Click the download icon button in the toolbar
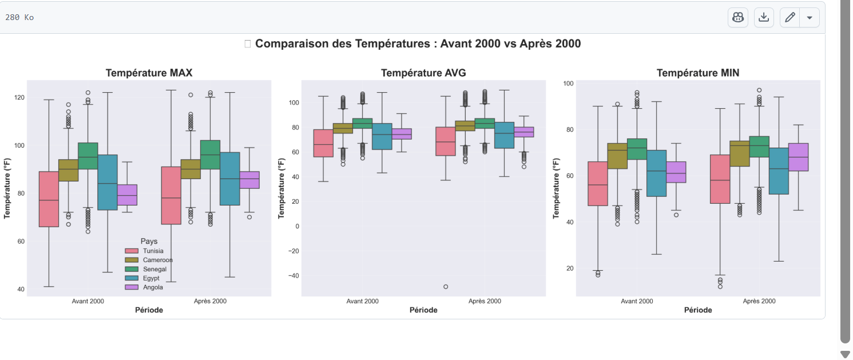coord(763,18)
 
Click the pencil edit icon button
coord(790,18)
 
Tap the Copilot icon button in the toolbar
coord(737,18)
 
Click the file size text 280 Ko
coord(19,18)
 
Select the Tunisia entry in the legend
coord(153,251)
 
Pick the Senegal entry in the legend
coord(154,269)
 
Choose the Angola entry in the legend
coord(153,287)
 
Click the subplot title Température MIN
coord(697,73)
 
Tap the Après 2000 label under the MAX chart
coord(210,301)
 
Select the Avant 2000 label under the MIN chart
coord(636,301)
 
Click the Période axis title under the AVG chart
coord(423,310)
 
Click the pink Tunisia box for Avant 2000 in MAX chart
coord(49,199)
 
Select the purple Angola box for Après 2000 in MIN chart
coord(798,157)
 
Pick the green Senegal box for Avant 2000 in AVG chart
coord(363,123)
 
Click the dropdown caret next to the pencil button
coord(809,18)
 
